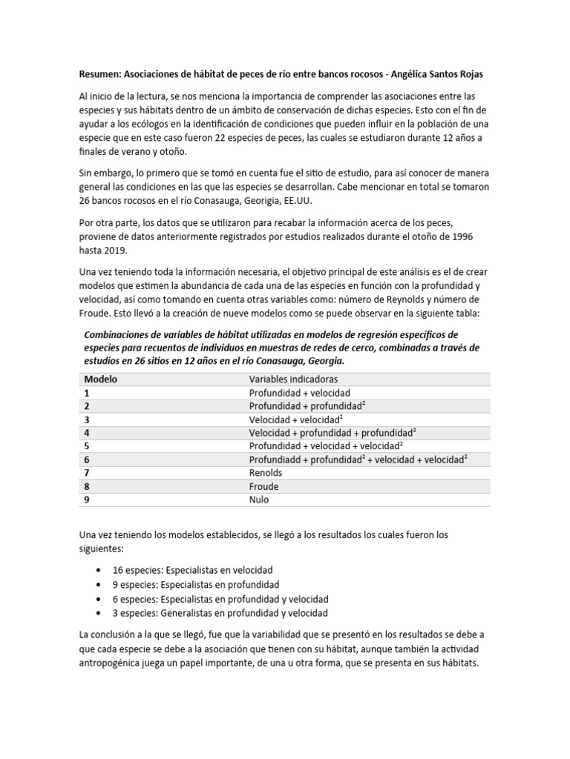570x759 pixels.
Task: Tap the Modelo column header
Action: coord(101,379)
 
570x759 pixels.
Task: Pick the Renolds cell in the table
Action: coord(265,473)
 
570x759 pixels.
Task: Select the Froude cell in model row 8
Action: coord(263,486)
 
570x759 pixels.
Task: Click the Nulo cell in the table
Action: coord(260,500)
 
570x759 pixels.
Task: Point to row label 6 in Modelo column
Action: coord(88,460)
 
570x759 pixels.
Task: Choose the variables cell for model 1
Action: coord(299,392)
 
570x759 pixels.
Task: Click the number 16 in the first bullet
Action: coord(118,570)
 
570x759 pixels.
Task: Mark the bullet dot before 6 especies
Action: coord(99,599)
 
